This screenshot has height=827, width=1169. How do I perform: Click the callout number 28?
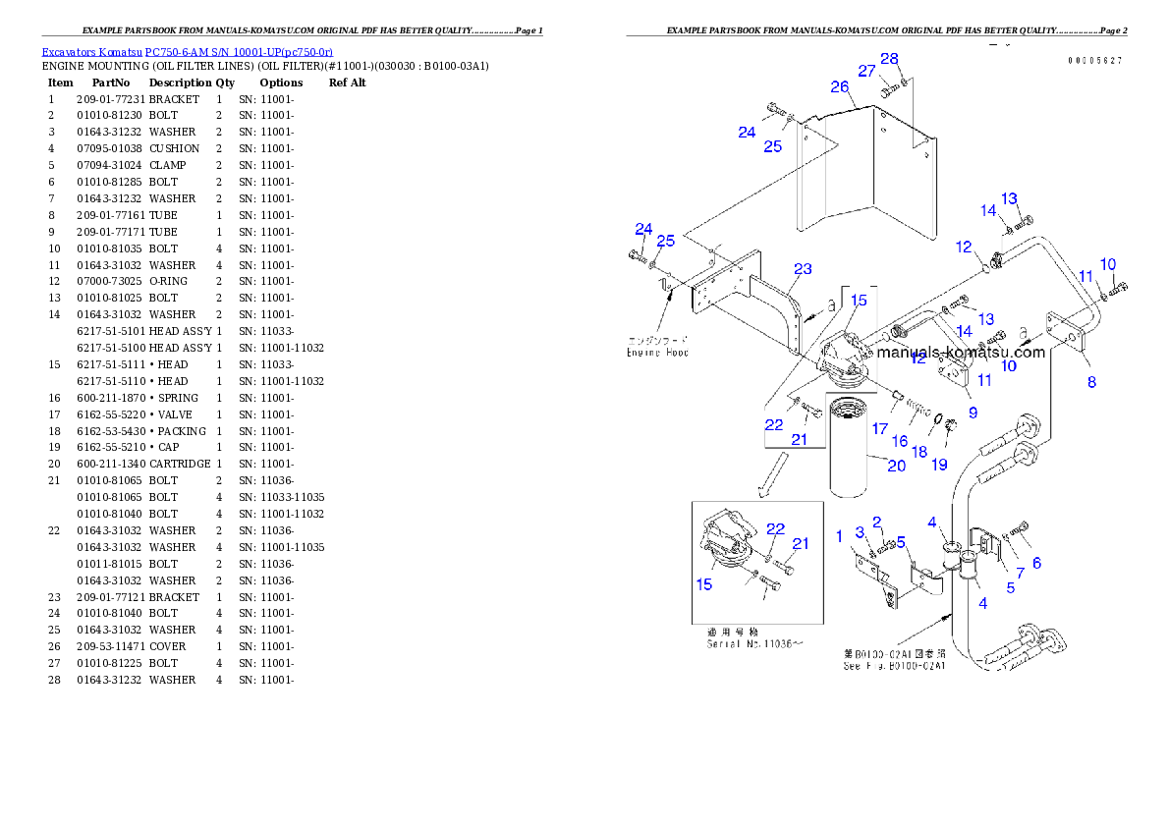pos(889,59)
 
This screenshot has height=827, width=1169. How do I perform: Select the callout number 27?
pos(866,71)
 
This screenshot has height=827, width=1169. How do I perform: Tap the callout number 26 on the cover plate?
pos(839,86)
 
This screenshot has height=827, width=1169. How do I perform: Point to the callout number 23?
pos(803,268)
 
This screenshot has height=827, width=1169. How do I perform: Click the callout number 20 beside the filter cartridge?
pos(896,466)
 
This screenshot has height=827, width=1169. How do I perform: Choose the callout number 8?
pos(1091,382)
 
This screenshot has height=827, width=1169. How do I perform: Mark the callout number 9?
pos(973,413)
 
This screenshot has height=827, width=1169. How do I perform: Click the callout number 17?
pos(879,429)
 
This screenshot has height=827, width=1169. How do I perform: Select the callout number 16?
pos(899,442)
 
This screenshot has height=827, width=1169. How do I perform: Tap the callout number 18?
pos(919,451)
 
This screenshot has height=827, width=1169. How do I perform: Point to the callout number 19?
pos(940,464)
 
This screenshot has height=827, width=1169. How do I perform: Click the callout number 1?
pos(839,535)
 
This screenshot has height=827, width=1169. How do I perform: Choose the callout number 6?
pos(1036,563)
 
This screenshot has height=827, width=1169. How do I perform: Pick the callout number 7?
pos(1020,573)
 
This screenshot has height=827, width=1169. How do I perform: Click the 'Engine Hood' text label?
pos(657,352)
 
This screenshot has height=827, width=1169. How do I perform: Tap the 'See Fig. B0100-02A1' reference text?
pos(894,666)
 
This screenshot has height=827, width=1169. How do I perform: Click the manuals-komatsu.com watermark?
pos(960,353)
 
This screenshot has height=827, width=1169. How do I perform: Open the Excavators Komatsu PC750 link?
pos(187,51)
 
